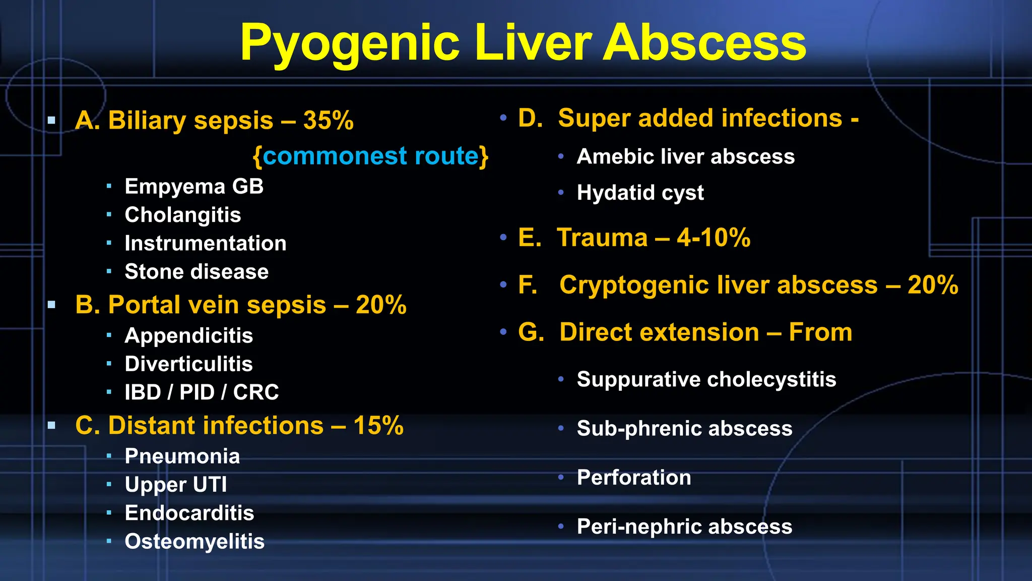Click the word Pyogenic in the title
click(x=349, y=43)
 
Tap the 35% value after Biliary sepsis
click(x=328, y=121)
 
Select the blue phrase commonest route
click(x=370, y=156)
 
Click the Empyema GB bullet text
click(x=194, y=187)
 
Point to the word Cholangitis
click(x=183, y=215)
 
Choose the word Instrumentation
click(x=206, y=244)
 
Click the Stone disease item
click(x=197, y=272)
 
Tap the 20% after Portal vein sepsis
click(x=381, y=305)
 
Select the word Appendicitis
click(x=189, y=336)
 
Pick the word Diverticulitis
click(x=189, y=364)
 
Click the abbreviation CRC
click(x=256, y=392)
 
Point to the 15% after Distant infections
click(x=378, y=426)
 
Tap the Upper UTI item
click(x=176, y=485)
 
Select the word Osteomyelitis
click(x=195, y=542)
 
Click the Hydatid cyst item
click(x=640, y=193)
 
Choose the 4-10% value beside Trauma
click(x=714, y=238)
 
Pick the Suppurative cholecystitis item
click(x=706, y=379)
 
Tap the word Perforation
click(x=634, y=478)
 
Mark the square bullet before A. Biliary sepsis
click(x=51, y=121)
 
